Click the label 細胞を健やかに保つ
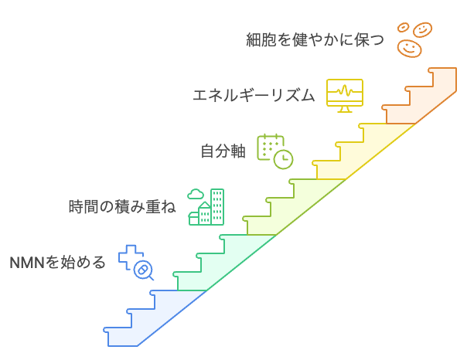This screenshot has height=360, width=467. (315, 40)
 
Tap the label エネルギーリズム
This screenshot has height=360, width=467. (254, 96)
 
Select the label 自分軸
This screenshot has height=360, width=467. (223, 151)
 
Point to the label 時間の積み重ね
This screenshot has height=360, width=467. (122, 207)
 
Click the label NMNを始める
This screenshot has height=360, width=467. (57, 263)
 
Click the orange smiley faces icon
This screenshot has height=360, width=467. (413, 39)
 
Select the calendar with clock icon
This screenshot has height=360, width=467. (275, 150)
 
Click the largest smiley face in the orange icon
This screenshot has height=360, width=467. (409, 48)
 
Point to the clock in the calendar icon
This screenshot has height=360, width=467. (284, 158)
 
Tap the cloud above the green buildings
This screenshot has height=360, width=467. (196, 194)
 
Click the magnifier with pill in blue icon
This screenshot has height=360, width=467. (143, 270)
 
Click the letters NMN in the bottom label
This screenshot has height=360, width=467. (26, 263)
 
